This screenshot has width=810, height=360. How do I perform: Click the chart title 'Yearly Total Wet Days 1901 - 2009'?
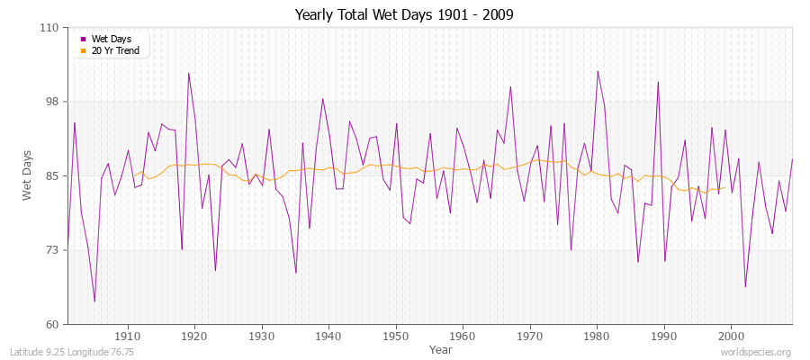click(405, 15)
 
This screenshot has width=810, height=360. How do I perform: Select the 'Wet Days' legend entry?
click(111, 39)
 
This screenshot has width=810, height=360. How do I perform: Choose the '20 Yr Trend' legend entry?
click(115, 50)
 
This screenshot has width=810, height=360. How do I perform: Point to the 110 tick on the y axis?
click(49, 28)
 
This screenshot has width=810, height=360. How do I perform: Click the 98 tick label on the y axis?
click(51, 102)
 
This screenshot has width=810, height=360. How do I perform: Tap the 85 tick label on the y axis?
click(51, 175)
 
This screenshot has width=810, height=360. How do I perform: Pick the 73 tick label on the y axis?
click(51, 250)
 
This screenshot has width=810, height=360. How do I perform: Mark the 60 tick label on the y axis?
click(51, 324)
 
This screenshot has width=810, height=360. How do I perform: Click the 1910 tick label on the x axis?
click(128, 336)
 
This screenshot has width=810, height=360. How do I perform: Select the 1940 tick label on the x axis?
click(328, 336)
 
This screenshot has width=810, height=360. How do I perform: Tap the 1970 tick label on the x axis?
click(530, 336)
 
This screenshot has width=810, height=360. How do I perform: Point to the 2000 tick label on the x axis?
click(731, 336)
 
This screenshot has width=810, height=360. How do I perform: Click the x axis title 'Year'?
click(441, 349)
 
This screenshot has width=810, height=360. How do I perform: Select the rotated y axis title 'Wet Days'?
click(27, 175)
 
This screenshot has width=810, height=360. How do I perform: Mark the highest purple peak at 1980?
click(597, 71)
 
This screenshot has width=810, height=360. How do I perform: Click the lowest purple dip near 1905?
click(94, 301)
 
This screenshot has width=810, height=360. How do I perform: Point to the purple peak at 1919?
click(188, 73)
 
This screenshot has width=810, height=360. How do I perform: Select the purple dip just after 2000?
click(745, 286)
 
